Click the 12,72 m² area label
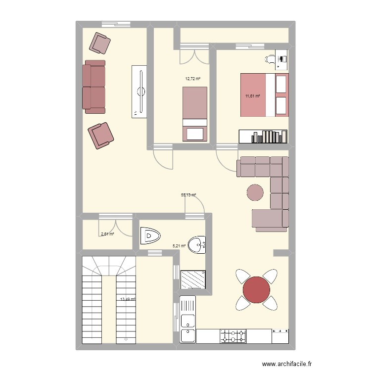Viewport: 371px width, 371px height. tap(193, 79)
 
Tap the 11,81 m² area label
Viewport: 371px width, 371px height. tap(253, 97)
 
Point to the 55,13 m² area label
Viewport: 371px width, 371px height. tap(188, 195)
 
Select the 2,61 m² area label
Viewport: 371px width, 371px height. tap(107, 234)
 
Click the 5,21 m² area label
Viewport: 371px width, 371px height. tap(179, 245)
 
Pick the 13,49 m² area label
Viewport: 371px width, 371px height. tap(128, 299)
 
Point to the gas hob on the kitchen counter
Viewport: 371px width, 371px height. tap(232, 336)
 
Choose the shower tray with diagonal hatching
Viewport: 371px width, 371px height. tap(193, 280)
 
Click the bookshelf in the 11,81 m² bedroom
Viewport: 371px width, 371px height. tap(263, 136)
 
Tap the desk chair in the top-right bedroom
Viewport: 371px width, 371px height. tap(271, 59)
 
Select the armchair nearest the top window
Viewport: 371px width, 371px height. tap(101, 43)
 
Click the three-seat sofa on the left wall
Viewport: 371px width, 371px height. tap(94, 87)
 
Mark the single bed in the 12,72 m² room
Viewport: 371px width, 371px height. tap(195, 113)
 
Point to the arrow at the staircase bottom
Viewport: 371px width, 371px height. tap(127, 339)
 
